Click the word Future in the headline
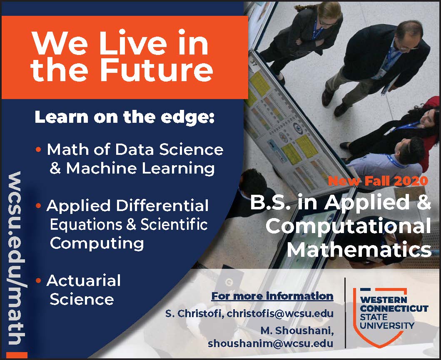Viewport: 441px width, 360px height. [157, 68]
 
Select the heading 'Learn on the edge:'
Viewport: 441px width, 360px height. [125, 117]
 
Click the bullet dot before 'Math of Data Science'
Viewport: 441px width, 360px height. [39, 149]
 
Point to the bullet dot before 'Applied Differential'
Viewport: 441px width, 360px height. [39, 206]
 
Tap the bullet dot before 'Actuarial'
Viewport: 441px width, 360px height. [39, 281]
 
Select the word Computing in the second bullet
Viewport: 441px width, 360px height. [97, 243]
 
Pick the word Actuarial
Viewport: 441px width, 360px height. [84, 280]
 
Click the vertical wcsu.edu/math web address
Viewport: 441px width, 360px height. [17, 258]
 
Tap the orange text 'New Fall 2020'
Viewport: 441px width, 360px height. [378, 181]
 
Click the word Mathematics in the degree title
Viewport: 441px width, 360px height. [359, 249]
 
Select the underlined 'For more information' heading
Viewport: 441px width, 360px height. [272, 296]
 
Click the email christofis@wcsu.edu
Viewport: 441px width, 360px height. [280, 313]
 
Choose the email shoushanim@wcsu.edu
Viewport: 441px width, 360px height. [271, 343]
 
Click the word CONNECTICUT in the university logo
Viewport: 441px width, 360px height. [394, 308]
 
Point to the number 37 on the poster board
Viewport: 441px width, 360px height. [254, 63]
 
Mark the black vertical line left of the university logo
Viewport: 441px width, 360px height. [345, 313]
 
